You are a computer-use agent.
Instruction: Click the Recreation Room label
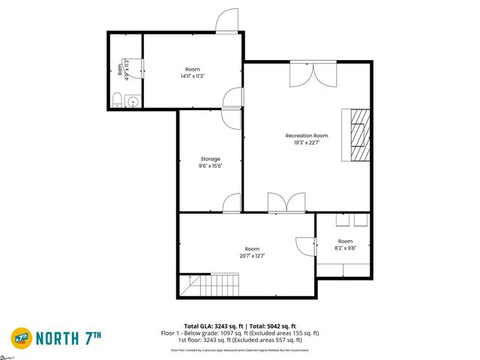pos(307,135)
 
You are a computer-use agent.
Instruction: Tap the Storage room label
pos(210,158)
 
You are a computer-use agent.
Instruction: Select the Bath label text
pos(119,69)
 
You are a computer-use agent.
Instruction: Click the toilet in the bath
pos(117,100)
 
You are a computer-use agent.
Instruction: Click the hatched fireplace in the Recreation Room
pos(357,135)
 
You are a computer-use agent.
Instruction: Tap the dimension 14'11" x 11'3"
pos(193,76)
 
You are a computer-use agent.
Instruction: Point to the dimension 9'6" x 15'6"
pos(210,166)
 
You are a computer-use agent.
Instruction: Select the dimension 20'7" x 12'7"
pos(252,256)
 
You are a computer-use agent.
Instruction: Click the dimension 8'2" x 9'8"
pos(345,247)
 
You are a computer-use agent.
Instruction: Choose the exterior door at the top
pos(226,22)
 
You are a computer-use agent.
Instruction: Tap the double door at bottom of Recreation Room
pos(286,202)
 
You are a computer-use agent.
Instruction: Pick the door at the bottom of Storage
pos(232,202)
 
